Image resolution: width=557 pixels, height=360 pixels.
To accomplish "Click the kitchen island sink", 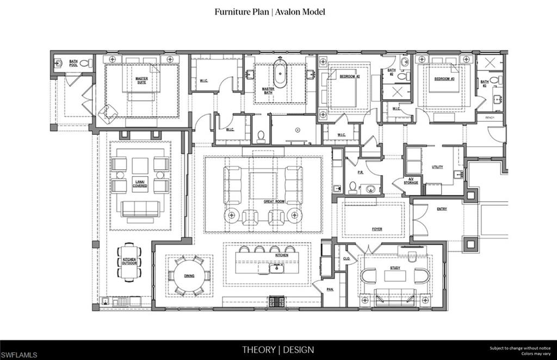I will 276,268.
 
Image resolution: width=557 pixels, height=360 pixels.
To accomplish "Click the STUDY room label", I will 395,268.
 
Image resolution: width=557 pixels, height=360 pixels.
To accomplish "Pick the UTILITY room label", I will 437,167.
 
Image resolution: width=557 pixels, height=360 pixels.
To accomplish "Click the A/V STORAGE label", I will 411,181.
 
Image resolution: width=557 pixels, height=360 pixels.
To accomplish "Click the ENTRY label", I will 441,209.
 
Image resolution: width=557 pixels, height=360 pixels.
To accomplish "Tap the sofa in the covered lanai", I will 140,209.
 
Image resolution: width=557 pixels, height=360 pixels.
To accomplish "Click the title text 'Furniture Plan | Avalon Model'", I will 270,11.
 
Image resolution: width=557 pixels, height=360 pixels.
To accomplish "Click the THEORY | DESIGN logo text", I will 277,350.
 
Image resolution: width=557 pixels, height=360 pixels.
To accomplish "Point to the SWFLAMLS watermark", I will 19,355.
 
